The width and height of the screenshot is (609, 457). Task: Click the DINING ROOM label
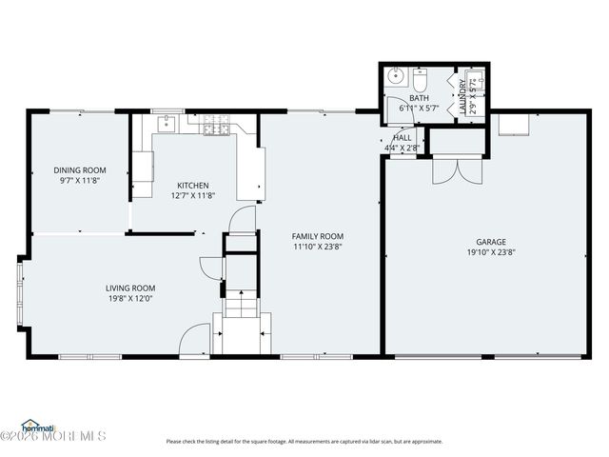pyautogui.click(x=79, y=170)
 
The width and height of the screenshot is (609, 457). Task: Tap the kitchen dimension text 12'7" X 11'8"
pyautogui.click(x=192, y=196)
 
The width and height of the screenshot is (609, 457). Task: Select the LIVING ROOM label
pyautogui.click(x=129, y=288)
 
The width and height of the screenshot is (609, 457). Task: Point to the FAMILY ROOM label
pyautogui.click(x=317, y=236)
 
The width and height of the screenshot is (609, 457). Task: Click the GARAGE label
pyautogui.click(x=491, y=242)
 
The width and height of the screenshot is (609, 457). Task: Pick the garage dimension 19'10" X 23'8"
pyautogui.click(x=491, y=252)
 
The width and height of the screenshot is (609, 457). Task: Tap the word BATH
pyautogui.click(x=419, y=98)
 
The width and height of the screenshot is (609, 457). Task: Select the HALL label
pyautogui.click(x=403, y=138)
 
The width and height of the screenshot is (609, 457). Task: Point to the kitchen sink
pyautogui.click(x=167, y=122)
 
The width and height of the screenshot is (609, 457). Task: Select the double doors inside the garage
pyautogui.click(x=449, y=169)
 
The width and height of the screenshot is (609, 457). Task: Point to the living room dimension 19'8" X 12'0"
pyautogui.click(x=129, y=298)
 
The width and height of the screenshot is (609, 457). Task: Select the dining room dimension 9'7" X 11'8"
pyautogui.click(x=79, y=180)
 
